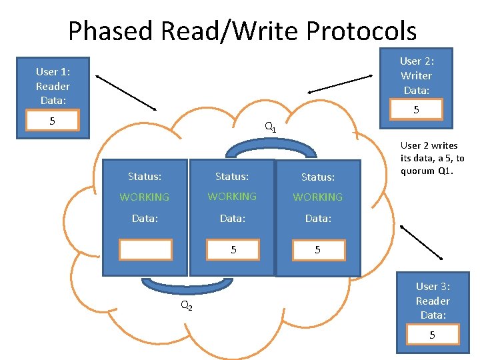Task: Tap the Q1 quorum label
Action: tap(270, 126)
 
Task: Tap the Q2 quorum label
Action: tap(187, 305)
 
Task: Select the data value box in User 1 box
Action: tap(52, 121)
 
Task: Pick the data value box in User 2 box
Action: tap(416, 109)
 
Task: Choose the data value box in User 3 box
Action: tap(432, 335)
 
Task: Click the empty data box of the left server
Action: tap(145, 249)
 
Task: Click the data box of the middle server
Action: tap(233, 250)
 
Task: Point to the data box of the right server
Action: tap(317, 250)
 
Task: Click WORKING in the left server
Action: tap(145, 197)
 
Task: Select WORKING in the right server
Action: tap(317, 197)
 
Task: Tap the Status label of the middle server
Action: tap(232, 177)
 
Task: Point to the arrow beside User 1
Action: tap(126, 92)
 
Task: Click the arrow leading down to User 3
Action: tap(421, 241)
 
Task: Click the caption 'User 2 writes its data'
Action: tap(432, 158)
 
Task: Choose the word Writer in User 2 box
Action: tap(417, 76)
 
